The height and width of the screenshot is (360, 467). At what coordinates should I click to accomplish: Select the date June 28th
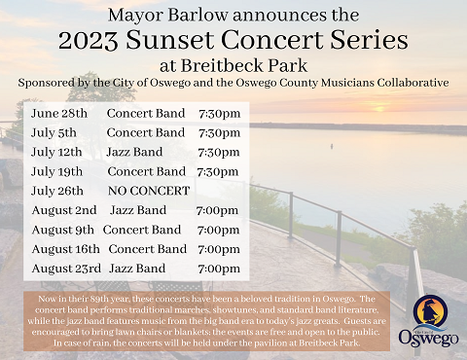58,114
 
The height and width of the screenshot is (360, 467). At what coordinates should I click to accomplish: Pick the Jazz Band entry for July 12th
135,153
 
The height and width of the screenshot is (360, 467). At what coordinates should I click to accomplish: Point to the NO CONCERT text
149,191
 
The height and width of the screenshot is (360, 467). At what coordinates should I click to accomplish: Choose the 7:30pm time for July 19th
219,171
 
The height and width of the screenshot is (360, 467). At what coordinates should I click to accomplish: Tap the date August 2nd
64,210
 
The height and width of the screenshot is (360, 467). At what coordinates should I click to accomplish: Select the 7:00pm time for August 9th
219,230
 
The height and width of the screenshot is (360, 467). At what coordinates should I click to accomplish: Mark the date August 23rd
66,269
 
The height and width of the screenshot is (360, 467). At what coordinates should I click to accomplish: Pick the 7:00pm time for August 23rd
219,269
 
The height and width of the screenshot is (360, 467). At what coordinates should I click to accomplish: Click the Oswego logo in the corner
425,321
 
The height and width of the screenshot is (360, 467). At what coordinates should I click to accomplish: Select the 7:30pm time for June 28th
219,114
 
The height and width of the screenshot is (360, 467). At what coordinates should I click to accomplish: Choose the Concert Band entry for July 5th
146,133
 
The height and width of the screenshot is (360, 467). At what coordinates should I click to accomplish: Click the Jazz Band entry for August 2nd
138,210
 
